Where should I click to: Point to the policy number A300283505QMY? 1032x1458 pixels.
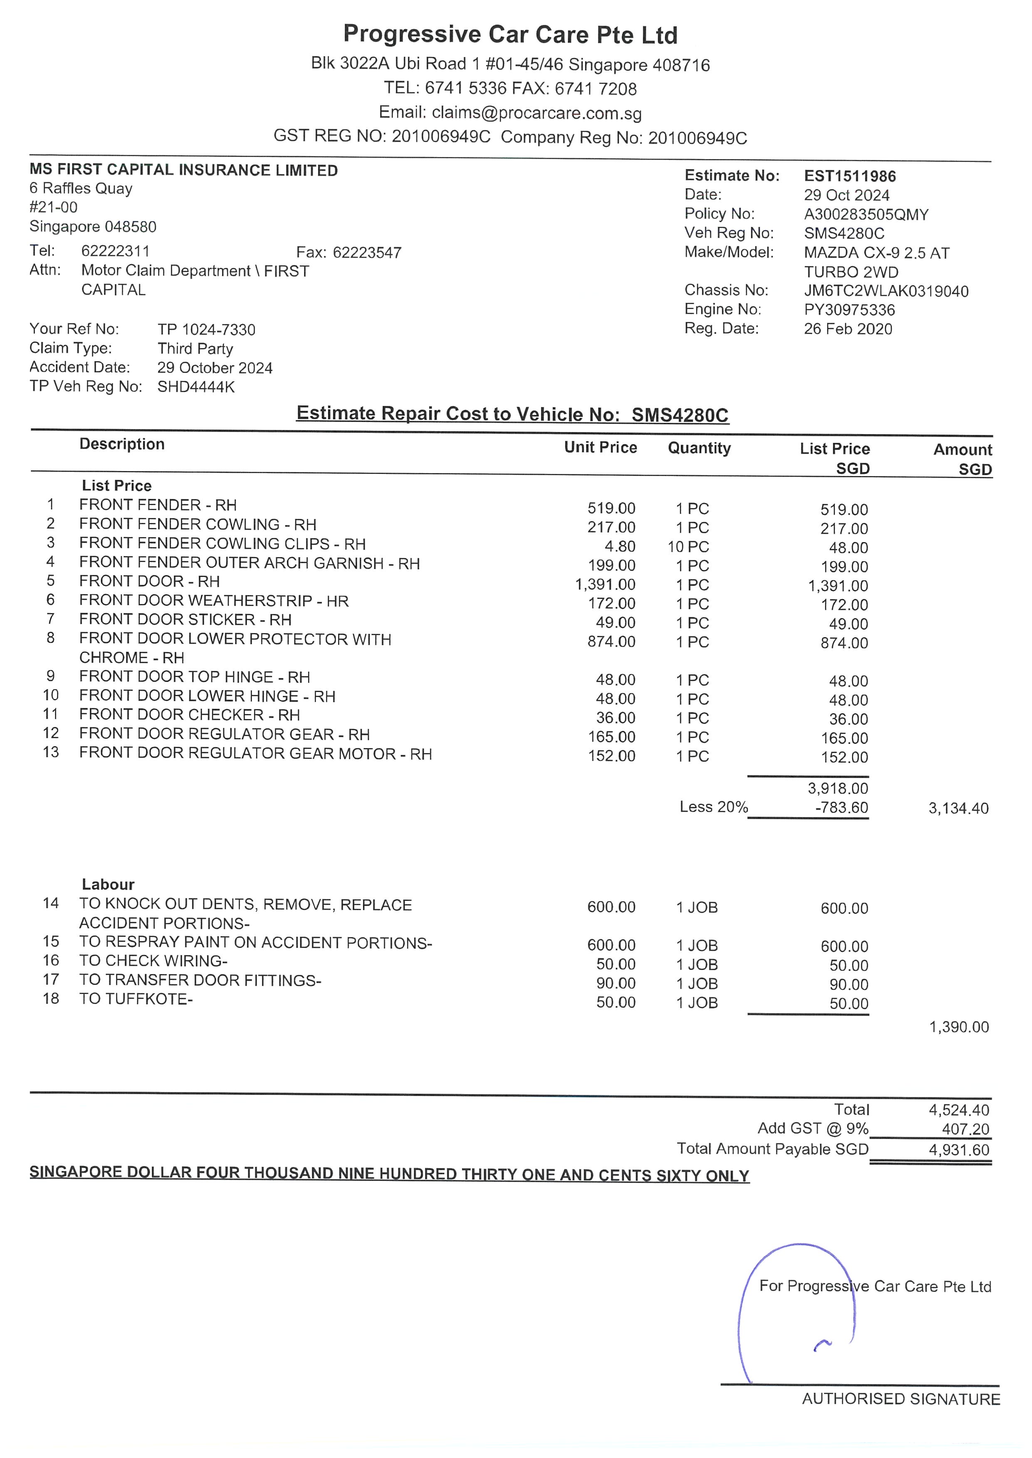866,215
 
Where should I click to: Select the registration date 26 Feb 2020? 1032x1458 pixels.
848,329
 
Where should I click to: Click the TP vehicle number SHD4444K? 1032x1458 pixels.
196,387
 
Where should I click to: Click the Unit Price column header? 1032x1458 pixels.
600,448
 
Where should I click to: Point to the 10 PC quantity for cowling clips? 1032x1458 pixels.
688,547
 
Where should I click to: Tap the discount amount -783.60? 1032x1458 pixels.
842,808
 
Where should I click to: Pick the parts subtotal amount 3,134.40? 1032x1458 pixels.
958,808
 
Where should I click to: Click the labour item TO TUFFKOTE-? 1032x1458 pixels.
136,999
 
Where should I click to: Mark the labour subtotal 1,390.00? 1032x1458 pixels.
959,1027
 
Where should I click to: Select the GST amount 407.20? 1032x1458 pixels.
965,1129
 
